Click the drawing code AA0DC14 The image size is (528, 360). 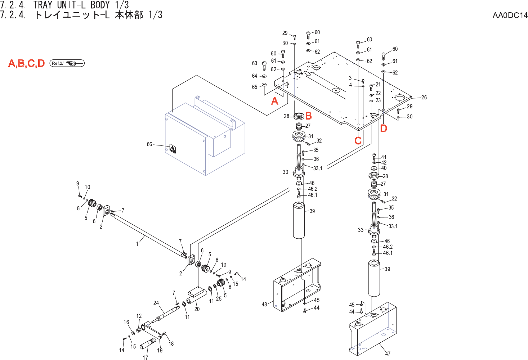(510, 15)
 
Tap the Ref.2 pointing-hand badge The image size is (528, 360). (67, 63)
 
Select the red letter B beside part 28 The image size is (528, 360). (309, 116)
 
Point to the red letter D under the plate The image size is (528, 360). (384, 129)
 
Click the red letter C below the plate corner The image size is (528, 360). (358, 141)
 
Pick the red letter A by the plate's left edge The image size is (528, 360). (275, 101)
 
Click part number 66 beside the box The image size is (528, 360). (149, 144)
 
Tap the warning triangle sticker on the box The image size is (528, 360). (173, 149)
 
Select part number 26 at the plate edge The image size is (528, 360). (424, 98)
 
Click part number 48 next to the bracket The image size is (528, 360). (264, 305)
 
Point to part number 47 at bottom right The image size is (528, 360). (388, 354)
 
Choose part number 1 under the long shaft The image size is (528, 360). (137, 244)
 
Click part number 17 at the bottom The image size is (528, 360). (145, 357)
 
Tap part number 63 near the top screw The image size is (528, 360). (255, 63)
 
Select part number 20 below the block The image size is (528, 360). (197, 309)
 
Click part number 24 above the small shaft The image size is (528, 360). (156, 303)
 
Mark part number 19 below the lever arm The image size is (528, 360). (160, 350)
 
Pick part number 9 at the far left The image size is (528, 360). (77, 184)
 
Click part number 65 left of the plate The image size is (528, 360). (255, 87)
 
